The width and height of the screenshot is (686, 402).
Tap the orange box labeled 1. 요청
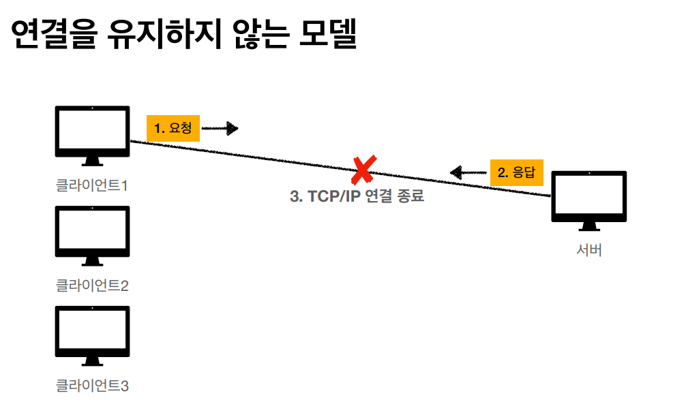coord(173,127)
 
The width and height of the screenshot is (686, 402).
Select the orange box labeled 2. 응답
coord(516,172)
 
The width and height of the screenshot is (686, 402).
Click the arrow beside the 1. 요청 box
coord(220,127)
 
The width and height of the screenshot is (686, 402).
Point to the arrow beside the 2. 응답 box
coord(468,172)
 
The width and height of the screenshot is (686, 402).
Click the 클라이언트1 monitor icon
coord(92,134)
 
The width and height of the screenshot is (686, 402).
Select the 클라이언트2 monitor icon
coord(92,234)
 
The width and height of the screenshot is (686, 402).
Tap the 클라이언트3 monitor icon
coord(92,334)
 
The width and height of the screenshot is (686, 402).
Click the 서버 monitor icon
coord(588,199)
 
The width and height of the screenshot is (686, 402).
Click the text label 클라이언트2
coord(92,285)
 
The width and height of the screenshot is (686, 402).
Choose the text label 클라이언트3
coord(92,386)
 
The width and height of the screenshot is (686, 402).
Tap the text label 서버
coord(589,250)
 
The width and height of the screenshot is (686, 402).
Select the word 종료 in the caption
coord(411,196)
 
